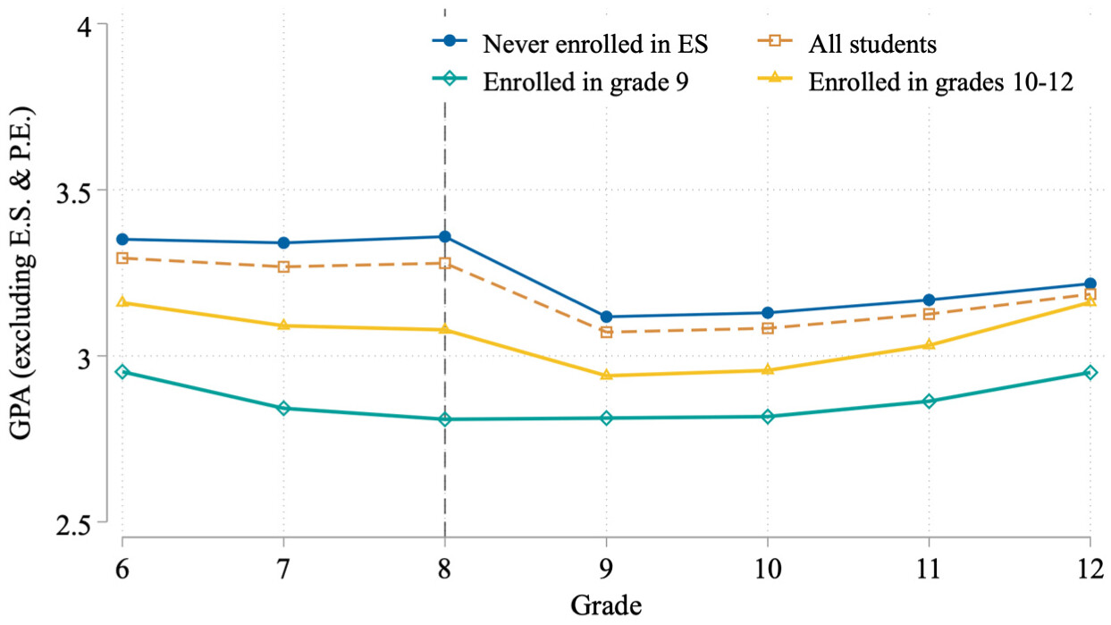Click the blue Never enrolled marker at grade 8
coord(445,236)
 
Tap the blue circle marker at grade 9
coord(607,317)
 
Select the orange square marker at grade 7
coord(283,266)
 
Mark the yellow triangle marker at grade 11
coord(929,344)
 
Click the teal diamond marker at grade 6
coord(122,371)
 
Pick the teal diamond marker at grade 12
coord(1090,372)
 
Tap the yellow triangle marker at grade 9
coord(607,375)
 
